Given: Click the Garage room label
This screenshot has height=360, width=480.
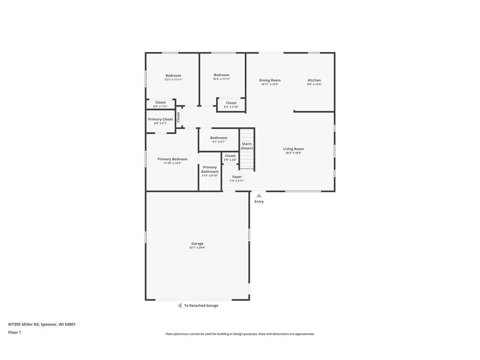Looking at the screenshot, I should click(x=197, y=244).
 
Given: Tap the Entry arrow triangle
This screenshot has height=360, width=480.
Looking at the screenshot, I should click(x=259, y=195).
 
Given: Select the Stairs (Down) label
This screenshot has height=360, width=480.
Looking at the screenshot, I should click(x=247, y=146).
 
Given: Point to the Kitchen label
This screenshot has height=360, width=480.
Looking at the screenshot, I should click(x=314, y=80).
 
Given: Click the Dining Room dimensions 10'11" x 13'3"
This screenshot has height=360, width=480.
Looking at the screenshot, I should click(x=270, y=84).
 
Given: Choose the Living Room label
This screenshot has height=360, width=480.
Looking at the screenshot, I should click(x=293, y=149).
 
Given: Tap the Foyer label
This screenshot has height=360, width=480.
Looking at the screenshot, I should click(x=237, y=177).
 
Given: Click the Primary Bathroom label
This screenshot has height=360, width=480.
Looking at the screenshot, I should click(x=210, y=169).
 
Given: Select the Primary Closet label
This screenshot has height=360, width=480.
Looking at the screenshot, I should click(x=160, y=119).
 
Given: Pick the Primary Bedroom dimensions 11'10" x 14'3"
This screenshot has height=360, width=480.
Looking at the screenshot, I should click(x=172, y=163).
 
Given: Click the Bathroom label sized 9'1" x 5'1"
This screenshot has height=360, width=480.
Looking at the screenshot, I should click(x=219, y=138).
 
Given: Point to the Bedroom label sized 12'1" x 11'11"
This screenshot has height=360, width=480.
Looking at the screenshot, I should click(x=173, y=76).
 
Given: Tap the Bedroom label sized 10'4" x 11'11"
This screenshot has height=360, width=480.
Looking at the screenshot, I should click(x=221, y=75).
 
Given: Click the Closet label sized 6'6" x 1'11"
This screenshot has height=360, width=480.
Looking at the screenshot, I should click(x=160, y=103).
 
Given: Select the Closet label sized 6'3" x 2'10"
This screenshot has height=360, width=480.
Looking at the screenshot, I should click(x=231, y=103).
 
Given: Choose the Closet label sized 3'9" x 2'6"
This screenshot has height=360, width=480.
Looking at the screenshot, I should click(x=230, y=156).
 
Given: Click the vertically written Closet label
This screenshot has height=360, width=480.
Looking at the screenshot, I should click(x=179, y=117).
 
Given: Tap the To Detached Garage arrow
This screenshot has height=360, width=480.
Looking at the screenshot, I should click(x=179, y=306).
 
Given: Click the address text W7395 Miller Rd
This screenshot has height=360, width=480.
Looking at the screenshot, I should click(x=24, y=324).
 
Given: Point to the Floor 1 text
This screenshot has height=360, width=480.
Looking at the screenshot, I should click(x=15, y=333).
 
